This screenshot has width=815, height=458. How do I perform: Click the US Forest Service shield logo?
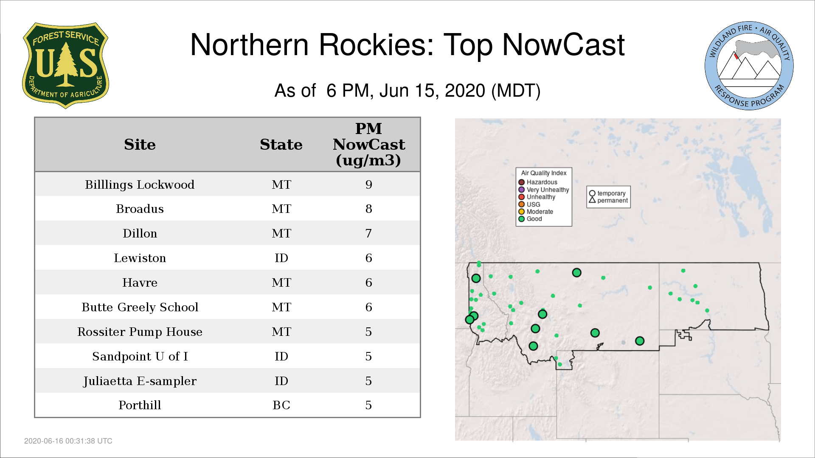(x=65, y=65)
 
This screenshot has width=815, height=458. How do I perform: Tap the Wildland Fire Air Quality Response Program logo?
(x=749, y=66)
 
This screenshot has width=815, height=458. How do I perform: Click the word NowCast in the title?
(x=563, y=45)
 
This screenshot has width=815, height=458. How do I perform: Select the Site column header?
(x=140, y=145)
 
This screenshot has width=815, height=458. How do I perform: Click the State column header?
(x=281, y=145)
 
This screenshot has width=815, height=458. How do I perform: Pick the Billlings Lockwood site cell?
(x=140, y=184)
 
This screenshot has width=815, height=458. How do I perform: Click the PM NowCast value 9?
(x=368, y=184)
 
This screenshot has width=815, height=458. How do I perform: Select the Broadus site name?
(x=140, y=209)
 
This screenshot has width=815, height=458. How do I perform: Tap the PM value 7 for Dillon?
(x=368, y=233)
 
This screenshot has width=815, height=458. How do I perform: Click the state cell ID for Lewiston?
(x=281, y=258)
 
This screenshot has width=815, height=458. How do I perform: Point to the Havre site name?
(x=140, y=282)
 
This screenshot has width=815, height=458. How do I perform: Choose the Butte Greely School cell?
(x=140, y=307)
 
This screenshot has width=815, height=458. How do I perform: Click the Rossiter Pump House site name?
(x=140, y=332)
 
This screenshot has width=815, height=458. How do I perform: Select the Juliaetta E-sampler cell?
(x=140, y=381)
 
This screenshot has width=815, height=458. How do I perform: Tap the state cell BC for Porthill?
(x=281, y=405)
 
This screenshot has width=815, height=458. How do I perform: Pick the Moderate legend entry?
(x=536, y=212)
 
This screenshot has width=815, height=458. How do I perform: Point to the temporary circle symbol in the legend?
(x=592, y=193)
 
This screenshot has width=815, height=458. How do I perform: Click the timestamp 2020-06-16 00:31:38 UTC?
(x=68, y=441)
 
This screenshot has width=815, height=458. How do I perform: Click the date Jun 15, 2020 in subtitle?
(x=432, y=91)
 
